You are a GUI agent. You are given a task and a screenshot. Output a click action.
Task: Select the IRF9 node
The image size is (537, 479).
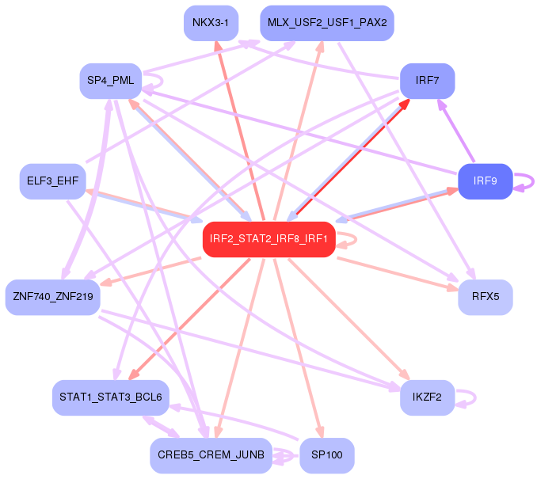[x=485, y=181]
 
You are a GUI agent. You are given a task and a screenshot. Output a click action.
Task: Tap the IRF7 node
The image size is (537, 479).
[x=427, y=82]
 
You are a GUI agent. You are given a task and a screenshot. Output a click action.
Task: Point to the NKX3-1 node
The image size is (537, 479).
[x=210, y=22]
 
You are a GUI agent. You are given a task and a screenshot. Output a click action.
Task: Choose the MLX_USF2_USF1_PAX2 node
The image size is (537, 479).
[x=327, y=22]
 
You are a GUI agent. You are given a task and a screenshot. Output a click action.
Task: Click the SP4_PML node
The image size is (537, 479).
[x=111, y=81]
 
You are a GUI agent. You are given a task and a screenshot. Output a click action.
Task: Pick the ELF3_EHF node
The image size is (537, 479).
[x=52, y=181]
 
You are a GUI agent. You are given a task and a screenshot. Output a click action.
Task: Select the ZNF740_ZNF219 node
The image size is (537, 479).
[x=53, y=297]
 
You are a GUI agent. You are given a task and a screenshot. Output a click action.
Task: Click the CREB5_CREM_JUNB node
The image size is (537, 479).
[x=211, y=455]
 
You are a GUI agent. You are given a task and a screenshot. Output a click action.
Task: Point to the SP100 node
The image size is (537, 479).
[x=327, y=455]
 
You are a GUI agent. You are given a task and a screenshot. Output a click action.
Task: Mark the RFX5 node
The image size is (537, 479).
[x=485, y=297]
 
